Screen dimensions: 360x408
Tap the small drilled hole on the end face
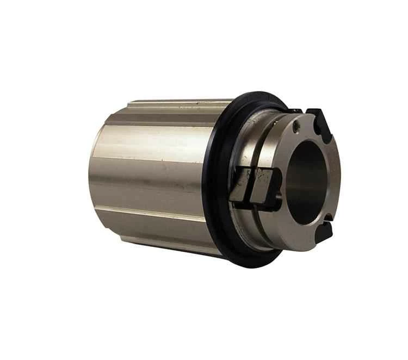296,129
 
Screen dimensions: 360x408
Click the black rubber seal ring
220,179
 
